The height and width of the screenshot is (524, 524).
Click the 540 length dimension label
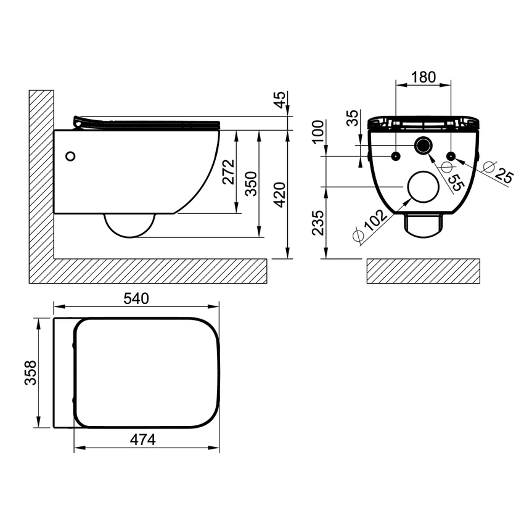pos(137,298)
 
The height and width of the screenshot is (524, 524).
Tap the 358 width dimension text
pos(30,373)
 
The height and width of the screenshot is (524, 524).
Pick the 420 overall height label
pos(280,194)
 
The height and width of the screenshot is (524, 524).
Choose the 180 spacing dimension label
pos(424,77)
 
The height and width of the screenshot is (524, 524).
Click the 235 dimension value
pos(318,223)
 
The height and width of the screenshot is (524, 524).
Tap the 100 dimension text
pos(318,132)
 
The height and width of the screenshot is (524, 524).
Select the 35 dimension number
pos(353,118)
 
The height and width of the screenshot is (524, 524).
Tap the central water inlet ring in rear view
pos(424,147)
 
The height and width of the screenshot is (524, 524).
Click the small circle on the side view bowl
pos(72,157)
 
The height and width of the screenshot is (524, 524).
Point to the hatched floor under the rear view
pos(423,271)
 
